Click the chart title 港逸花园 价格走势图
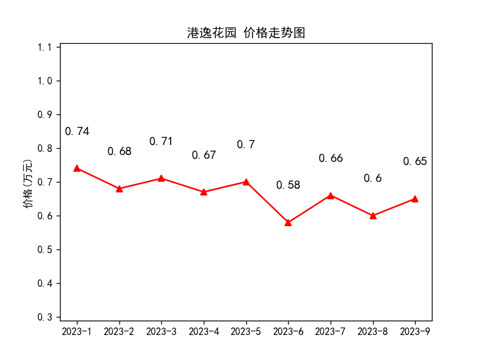[x=246, y=32]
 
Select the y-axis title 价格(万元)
[x=27, y=184]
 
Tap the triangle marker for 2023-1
[x=77, y=168]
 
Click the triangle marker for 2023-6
[x=288, y=222]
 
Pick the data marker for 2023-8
[x=373, y=216]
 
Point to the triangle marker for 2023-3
[x=161, y=179]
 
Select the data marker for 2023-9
[x=415, y=199]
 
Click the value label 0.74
[x=77, y=131]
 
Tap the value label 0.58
[x=288, y=185]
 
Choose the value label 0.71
[x=161, y=141]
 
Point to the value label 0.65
[x=415, y=161]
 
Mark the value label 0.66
[x=331, y=158]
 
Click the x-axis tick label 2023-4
[x=204, y=331]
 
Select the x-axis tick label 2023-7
[x=330, y=331]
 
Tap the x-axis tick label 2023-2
[x=119, y=331]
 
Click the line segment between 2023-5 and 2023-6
[x=267, y=202]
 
